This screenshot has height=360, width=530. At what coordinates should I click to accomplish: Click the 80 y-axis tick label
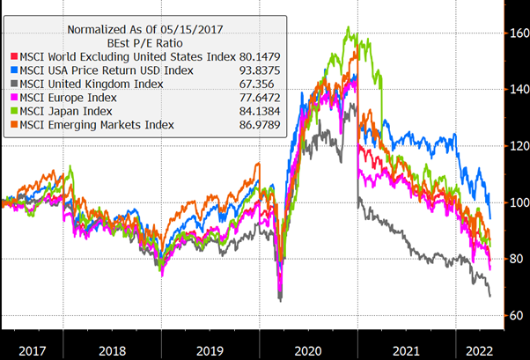[x=513, y=259]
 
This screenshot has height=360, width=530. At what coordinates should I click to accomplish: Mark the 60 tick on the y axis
[x=513, y=315]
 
